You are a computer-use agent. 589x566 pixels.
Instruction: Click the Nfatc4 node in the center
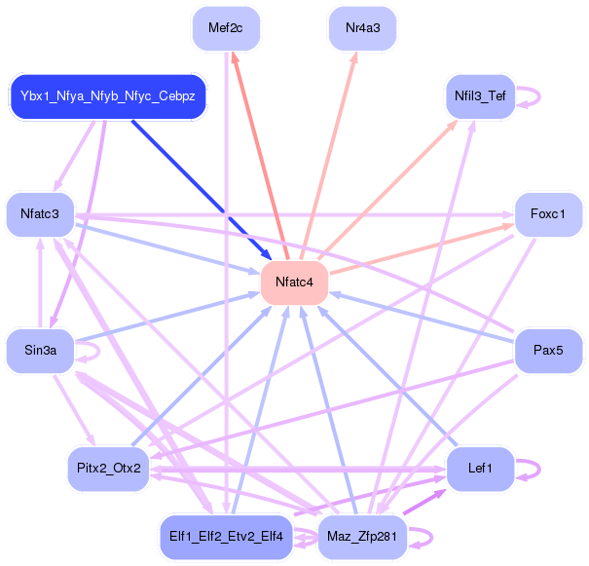point(294,283)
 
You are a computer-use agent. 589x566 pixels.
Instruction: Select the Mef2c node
point(226,28)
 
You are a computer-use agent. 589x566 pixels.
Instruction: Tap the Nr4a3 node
point(362,28)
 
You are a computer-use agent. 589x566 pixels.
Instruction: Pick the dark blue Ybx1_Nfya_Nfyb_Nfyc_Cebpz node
point(108,96)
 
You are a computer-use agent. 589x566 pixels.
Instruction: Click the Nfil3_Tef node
point(480,96)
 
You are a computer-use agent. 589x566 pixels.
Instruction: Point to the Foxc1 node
point(548,214)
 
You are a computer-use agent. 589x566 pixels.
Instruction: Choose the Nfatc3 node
point(40,214)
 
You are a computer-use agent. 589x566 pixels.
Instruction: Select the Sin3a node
point(40,351)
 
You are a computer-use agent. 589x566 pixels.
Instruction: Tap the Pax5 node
point(548,351)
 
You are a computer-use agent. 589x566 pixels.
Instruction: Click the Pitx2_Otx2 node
point(109,469)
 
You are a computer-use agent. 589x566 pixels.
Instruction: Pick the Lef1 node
point(480,469)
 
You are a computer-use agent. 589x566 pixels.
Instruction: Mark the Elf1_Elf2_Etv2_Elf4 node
point(226,537)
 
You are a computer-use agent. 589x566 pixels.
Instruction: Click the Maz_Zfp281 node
point(362,537)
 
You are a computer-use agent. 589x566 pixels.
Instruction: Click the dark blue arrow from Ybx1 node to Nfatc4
point(202,190)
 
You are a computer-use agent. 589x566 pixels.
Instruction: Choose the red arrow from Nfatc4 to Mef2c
point(260,156)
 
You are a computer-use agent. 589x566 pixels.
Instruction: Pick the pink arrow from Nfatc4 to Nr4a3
point(328,156)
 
